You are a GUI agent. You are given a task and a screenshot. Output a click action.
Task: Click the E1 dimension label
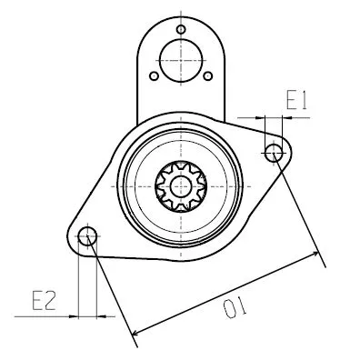pyautogui.click(x=296, y=100)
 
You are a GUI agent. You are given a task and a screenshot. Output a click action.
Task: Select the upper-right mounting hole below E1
pyautogui.click(x=274, y=152)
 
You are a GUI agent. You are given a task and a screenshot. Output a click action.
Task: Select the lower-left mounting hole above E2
pyautogui.click(x=87, y=237)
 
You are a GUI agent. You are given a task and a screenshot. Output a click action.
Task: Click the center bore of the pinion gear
pyautogui.click(x=180, y=185)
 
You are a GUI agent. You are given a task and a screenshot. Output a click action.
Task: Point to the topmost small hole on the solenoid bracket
pyautogui.click(x=181, y=30)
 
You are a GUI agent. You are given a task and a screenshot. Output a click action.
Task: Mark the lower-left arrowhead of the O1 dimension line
pyautogui.click(x=135, y=333)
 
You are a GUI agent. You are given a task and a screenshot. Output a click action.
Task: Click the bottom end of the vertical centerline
pyautogui.click(x=180, y=264)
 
